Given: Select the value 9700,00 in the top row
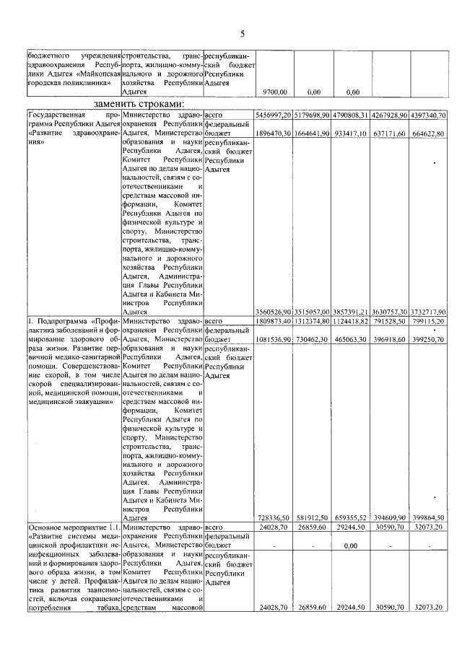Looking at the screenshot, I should point(274,92).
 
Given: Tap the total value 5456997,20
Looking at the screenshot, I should point(272,115).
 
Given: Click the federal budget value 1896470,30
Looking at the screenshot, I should point(272,133).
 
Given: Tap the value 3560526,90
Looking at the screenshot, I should point(272,311).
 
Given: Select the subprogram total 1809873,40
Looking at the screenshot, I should point(272,320).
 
